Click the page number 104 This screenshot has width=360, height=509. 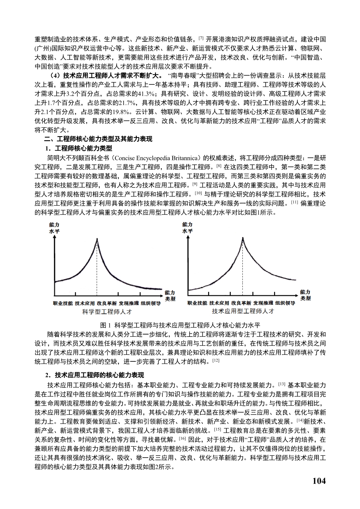tap(319, 481)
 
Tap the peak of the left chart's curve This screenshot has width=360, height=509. tap(97, 239)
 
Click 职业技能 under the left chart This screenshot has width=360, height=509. tap(63, 303)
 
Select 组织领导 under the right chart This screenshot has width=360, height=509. tap(285, 303)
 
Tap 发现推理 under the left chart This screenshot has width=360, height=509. tap(129, 303)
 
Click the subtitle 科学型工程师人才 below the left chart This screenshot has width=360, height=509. tap(107, 312)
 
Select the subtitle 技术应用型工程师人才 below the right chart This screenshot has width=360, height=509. tap(243, 311)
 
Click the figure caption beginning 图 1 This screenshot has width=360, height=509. tap(180, 325)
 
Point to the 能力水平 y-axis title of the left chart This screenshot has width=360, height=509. tap(54, 228)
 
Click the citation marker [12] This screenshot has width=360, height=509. tap(216, 361)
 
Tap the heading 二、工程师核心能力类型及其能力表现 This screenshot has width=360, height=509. tap(98, 139)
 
